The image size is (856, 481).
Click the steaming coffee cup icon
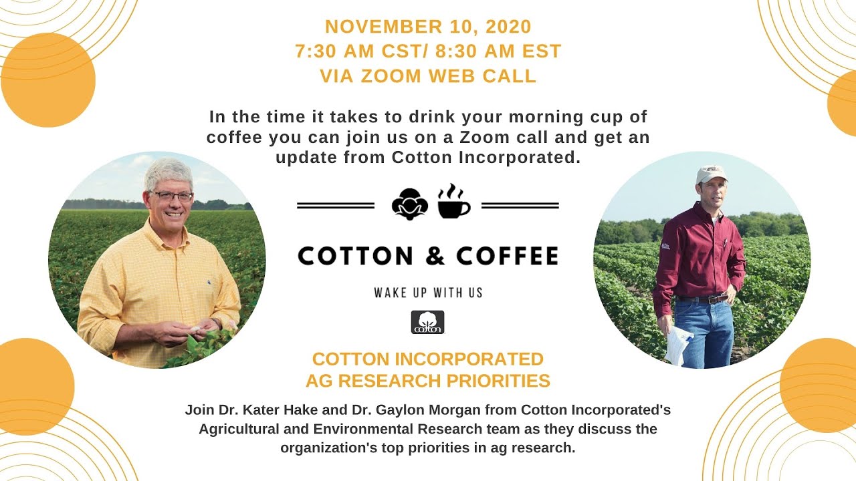point(454,202)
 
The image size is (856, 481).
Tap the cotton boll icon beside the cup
point(409,204)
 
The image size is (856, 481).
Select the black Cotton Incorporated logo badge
point(427,322)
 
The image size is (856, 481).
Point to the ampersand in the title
point(427,256)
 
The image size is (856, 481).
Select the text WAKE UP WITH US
point(428,293)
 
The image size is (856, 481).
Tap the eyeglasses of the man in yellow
point(172,196)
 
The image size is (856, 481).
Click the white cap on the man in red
point(711,174)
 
